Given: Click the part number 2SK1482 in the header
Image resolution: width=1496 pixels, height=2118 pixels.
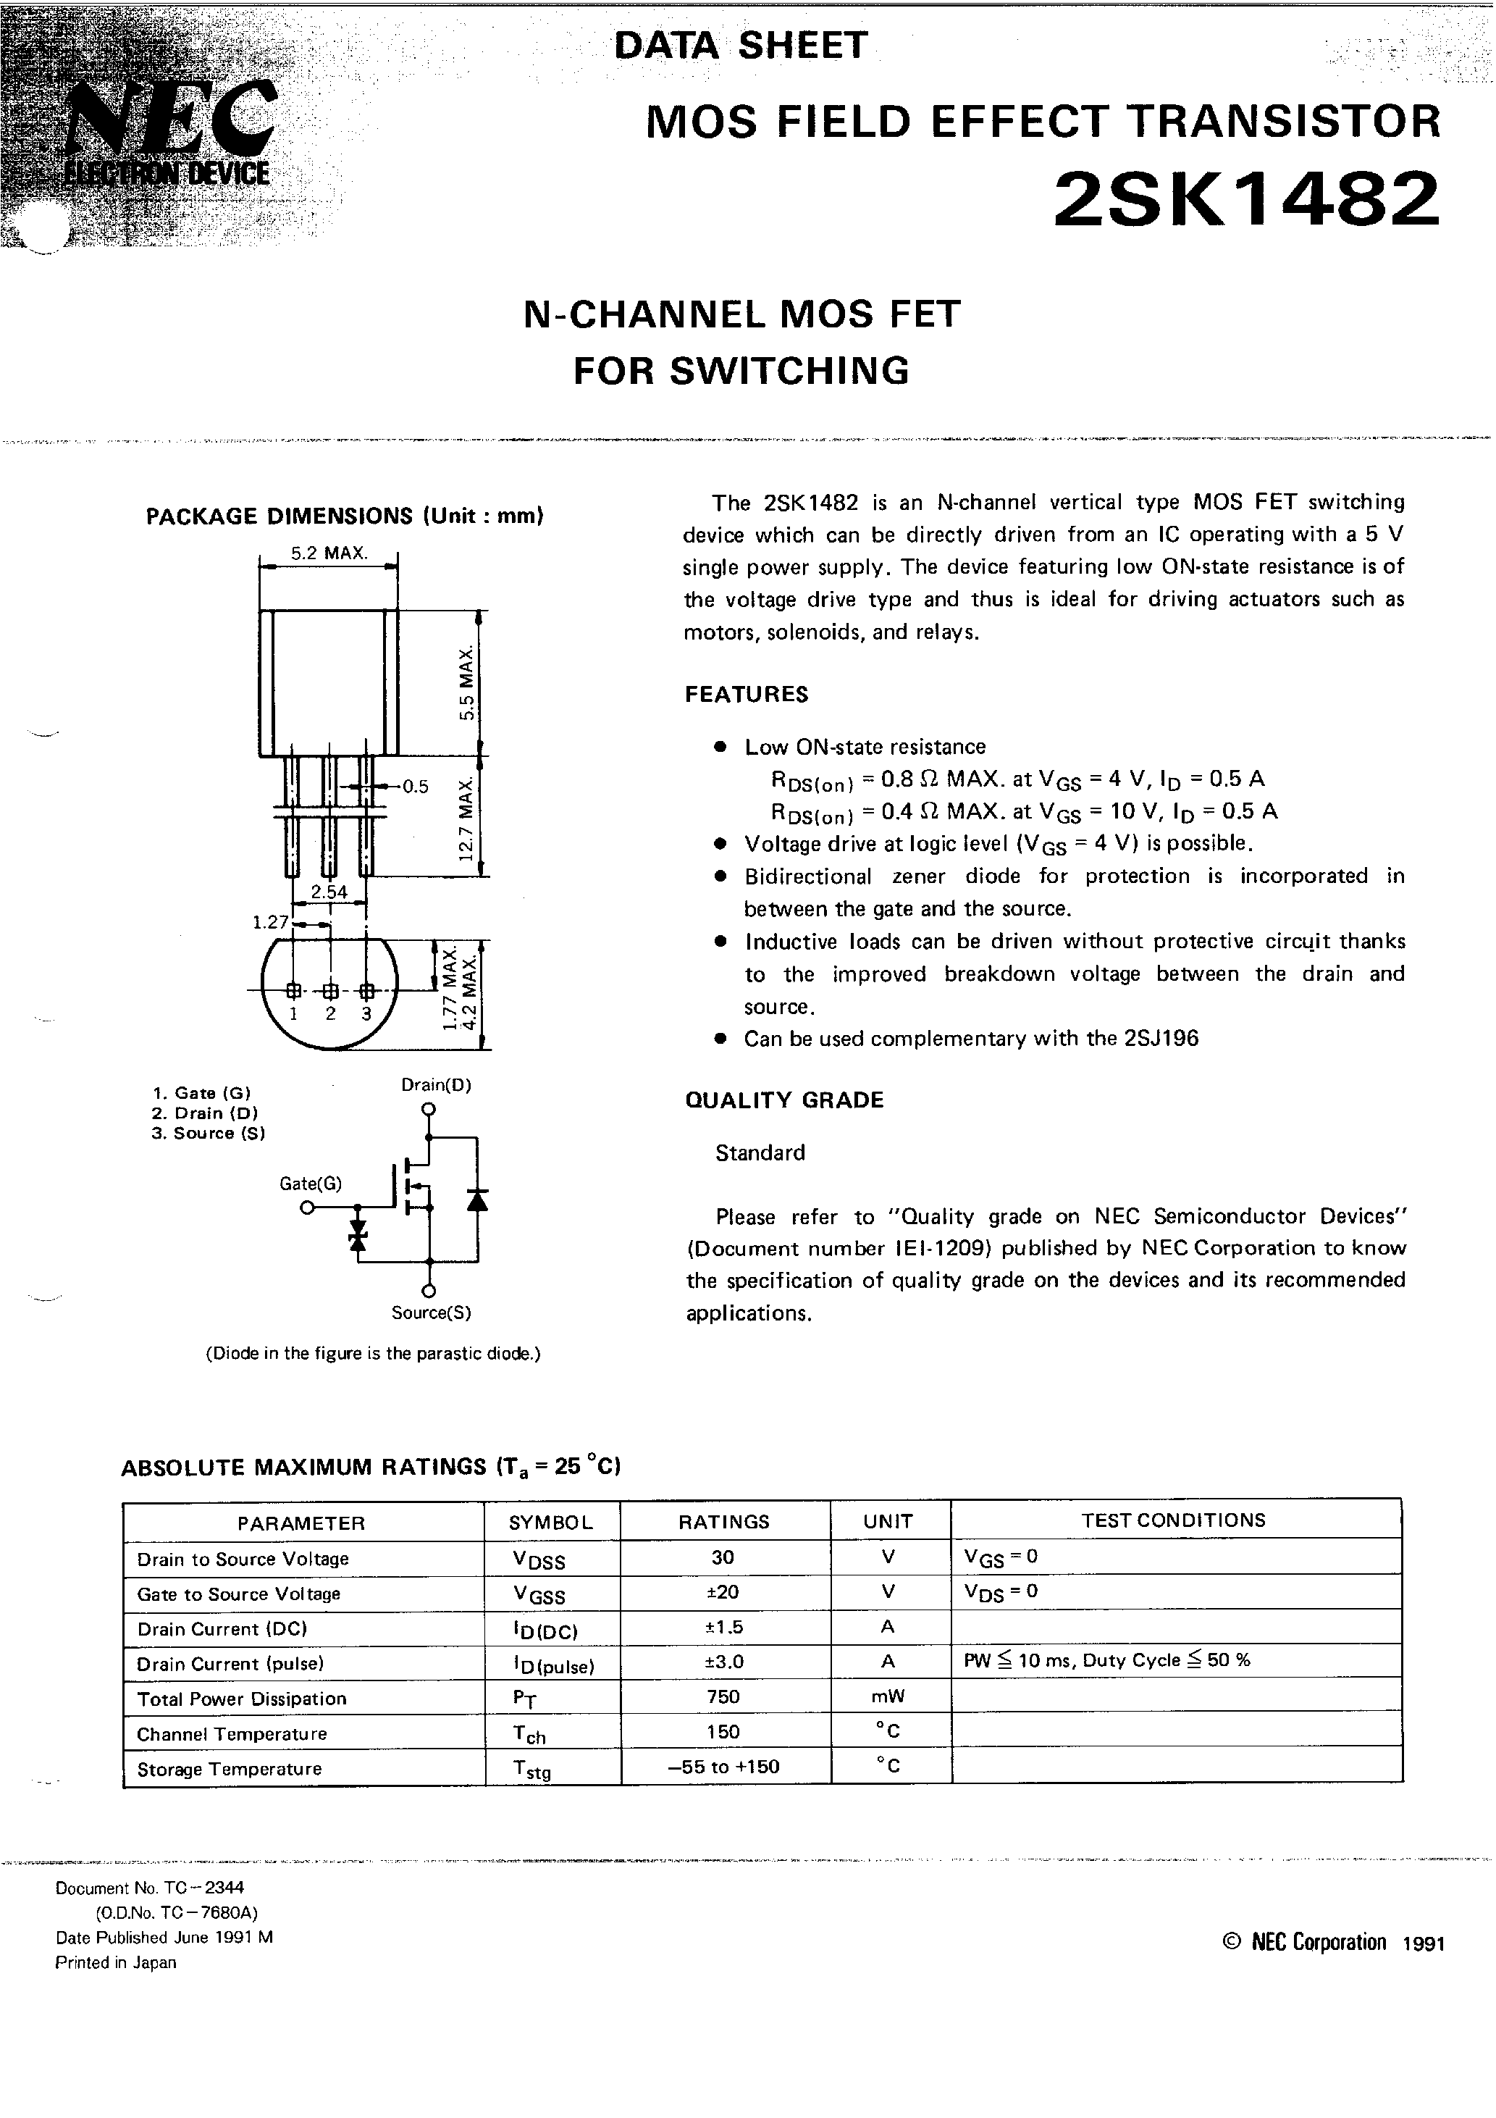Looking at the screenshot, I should pyautogui.click(x=1245, y=199).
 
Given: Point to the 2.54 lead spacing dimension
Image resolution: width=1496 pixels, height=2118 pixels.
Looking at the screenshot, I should pyautogui.click(x=329, y=892).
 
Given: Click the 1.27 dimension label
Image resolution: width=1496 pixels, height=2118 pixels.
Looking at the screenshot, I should pyautogui.click(x=271, y=921).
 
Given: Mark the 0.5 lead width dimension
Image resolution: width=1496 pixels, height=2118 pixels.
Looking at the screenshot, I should pyautogui.click(x=415, y=787).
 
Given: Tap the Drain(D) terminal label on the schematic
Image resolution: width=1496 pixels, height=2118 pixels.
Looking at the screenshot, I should pyautogui.click(x=435, y=1085).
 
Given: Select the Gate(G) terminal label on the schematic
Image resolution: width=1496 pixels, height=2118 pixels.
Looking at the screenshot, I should pyautogui.click(x=310, y=1184).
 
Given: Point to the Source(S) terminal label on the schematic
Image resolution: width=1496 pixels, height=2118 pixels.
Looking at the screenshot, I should pyautogui.click(x=431, y=1313).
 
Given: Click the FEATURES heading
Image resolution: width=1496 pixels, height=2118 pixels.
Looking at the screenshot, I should pyautogui.click(x=746, y=695).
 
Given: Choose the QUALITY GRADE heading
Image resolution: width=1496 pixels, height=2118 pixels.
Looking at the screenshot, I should pyautogui.click(x=784, y=1100).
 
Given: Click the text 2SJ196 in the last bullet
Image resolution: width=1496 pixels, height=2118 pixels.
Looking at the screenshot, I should pyautogui.click(x=1161, y=1039).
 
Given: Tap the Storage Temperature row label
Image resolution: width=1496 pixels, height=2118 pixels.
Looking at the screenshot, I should pyautogui.click(x=229, y=1770).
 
